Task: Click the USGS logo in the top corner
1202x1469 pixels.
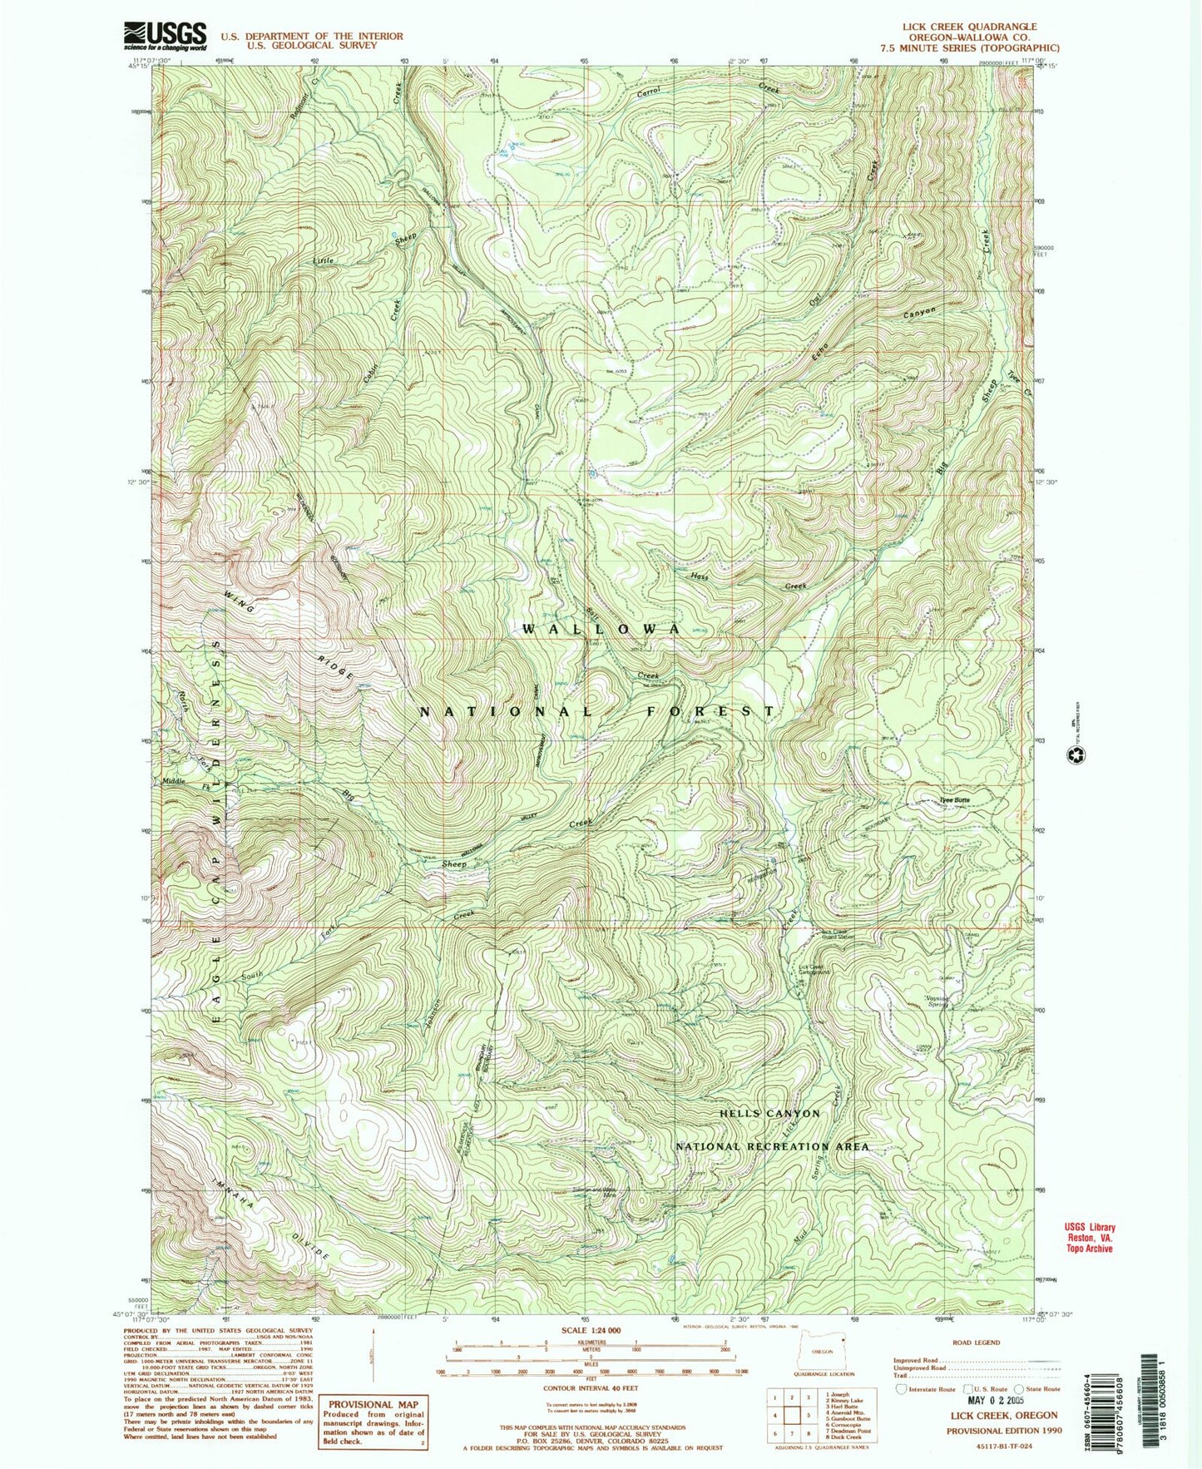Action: pos(165,37)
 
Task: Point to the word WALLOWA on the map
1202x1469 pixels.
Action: pos(601,630)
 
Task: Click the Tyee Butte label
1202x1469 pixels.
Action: pos(954,800)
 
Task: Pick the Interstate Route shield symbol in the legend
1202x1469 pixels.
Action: pos(900,1388)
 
